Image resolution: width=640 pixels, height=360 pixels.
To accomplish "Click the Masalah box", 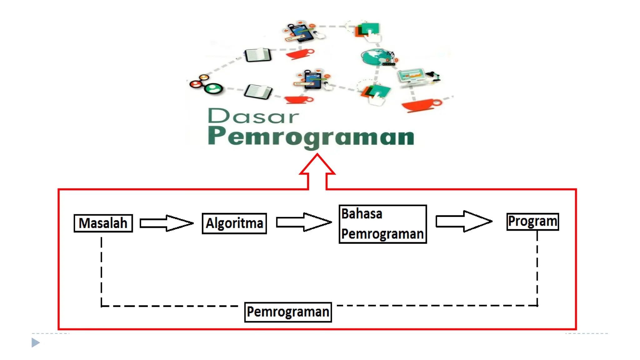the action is [x=103, y=223].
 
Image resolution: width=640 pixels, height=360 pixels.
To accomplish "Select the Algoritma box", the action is [x=234, y=223].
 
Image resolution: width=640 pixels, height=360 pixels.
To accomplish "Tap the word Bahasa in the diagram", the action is [x=362, y=214].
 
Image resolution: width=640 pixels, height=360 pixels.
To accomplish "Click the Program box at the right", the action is [x=532, y=222].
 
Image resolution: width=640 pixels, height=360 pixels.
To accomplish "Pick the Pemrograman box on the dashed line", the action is [x=288, y=312].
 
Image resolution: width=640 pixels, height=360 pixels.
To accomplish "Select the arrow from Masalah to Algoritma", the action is [x=166, y=223].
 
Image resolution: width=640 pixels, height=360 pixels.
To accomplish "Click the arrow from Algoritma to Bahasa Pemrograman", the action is [x=303, y=222].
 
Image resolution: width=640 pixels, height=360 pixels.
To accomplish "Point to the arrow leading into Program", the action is [x=464, y=221].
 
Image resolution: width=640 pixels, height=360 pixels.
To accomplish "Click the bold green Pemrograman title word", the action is [x=311, y=136].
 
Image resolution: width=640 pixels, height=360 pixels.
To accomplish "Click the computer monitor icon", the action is [x=411, y=76].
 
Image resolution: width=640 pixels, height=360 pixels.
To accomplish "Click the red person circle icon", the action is [x=196, y=84].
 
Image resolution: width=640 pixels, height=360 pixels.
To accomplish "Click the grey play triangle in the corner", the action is [x=36, y=342].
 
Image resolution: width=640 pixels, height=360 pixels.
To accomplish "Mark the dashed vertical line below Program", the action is [x=537, y=269].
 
